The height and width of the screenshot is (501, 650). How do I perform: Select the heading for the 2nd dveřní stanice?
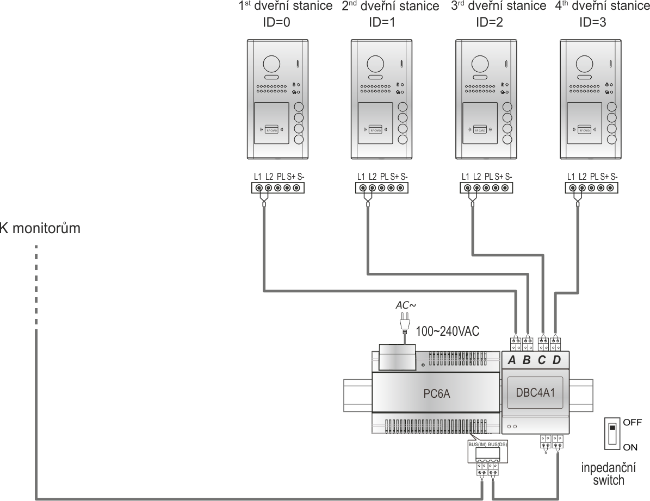(390, 7)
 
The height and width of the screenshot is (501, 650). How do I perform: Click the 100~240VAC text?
(448, 331)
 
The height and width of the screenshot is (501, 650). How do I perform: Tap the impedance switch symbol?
(612, 433)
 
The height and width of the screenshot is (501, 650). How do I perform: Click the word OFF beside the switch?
(633, 422)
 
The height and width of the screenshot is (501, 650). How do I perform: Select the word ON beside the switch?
(631, 447)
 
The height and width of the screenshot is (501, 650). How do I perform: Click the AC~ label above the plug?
(405, 306)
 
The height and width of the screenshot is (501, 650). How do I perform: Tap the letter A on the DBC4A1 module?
(512, 361)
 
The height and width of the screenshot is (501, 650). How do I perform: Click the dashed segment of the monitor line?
(36, 285)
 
